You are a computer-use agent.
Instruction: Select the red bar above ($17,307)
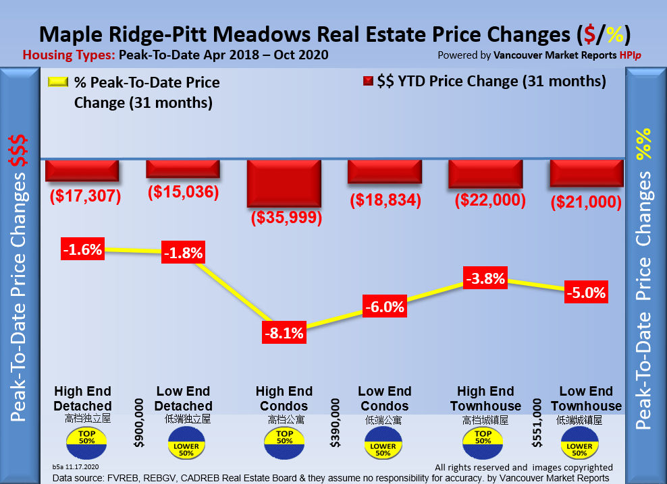click(x=82, y=170)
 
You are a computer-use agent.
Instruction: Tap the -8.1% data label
click(x=284, y=332)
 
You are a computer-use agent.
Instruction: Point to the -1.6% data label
click(x=82, y=249)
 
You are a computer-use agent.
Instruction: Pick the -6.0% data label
click(x=384, y=307)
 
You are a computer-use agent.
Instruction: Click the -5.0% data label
click(x=585, y=293)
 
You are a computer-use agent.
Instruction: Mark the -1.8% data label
click(x=183, y=254)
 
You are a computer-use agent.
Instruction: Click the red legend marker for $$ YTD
click(x=368, y=82)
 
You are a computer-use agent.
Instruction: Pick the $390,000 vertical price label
click(x=336, y=423)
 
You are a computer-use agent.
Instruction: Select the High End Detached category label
click(x=83, y=398)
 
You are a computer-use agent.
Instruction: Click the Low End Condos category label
click(x=384, y=398)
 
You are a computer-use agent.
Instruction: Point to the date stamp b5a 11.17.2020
click(x=76, y=466)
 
